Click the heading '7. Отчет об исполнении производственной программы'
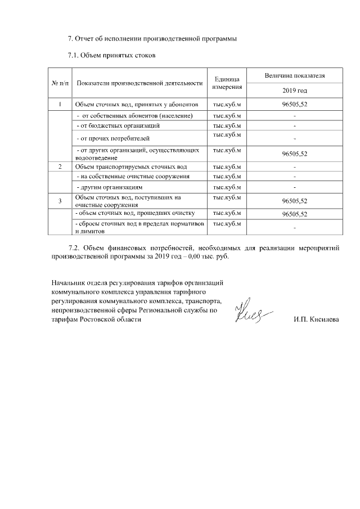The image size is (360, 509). [x=152, y=39]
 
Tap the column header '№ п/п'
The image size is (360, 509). [x=60, y=83]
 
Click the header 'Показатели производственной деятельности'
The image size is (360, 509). [x=139, y=83]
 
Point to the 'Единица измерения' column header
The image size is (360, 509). [x=227, y=83]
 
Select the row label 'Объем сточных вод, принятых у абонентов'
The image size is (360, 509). [x=137, y=105]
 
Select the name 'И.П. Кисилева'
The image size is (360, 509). [x=316, y=319]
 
